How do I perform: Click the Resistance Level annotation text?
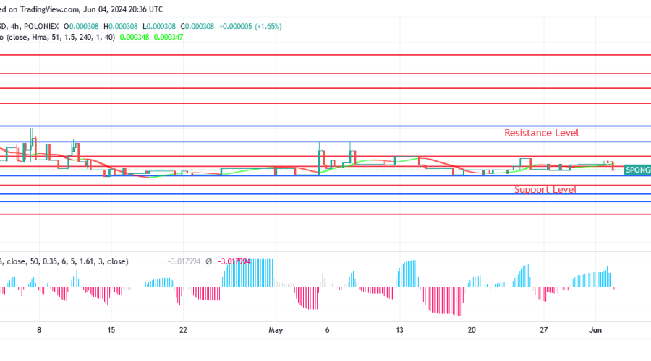coord(541,133)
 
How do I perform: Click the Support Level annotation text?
coord(545,190)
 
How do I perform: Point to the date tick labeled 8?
coord(39,329)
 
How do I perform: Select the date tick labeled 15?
coord(111,329)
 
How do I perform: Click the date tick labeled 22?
coord(184,329)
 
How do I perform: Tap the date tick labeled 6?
coord(328,329)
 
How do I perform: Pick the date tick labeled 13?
coord(399,329)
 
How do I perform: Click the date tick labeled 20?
coord(472,329)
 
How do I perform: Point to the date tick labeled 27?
coord(544,329)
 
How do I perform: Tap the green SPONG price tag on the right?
coord(637,170)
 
